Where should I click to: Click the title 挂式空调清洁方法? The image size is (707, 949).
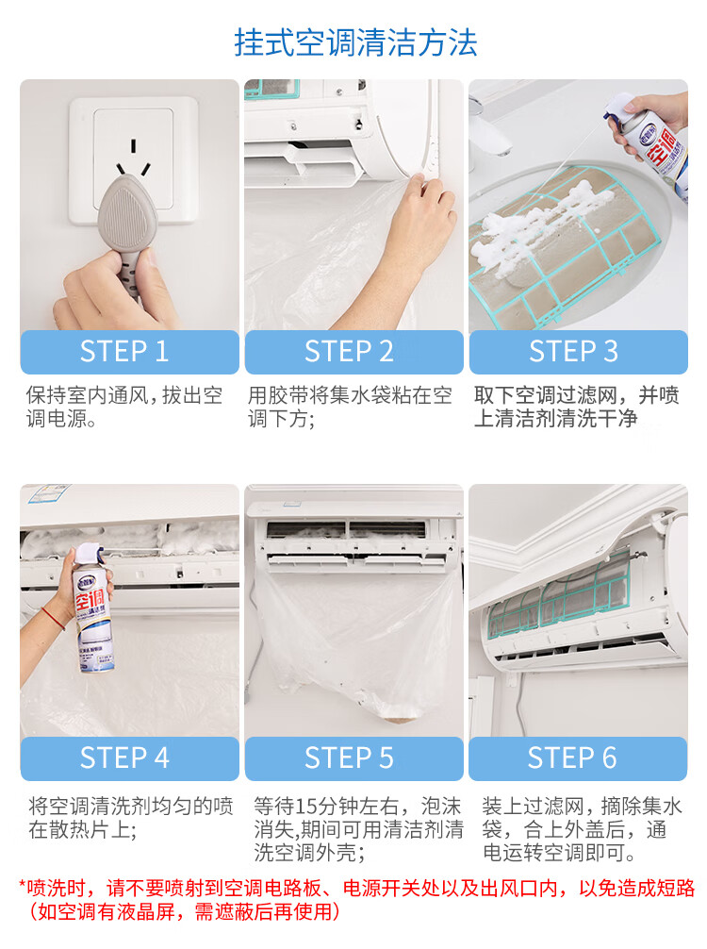pos(355,42)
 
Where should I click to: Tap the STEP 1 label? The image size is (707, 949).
pos(124,352)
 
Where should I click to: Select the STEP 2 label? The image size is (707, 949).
pos(349,352)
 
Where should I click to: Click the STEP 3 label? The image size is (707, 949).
pos(573,352)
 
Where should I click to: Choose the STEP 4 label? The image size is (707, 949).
pos(124,758)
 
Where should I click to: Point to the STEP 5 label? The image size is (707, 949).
pos(349,758)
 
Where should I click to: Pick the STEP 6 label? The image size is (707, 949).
pos(572,758)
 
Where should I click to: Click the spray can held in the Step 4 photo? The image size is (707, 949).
pos(92,608)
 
